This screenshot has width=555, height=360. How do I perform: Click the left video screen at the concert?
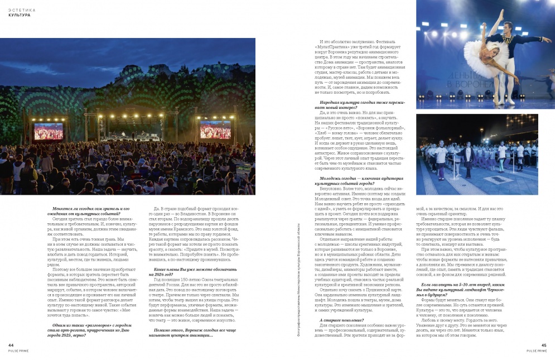(x=49, y=131)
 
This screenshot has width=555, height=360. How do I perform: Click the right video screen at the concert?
(x=215, y=130)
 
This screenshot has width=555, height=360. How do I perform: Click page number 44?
(x=11, y=345)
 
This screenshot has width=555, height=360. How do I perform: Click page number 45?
(x=544, y=345)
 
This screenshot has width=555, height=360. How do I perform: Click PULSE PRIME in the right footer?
(x=539, y=351)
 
